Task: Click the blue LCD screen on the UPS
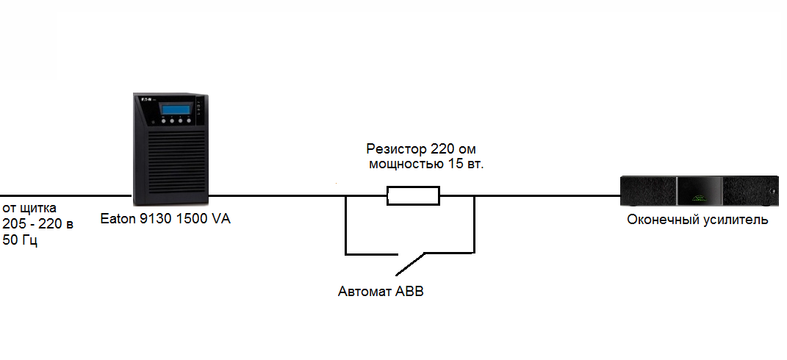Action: coord(176,109)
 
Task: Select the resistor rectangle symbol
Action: coord(413,195)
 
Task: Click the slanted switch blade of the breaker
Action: coord(411,264)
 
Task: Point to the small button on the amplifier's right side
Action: coord(771,191)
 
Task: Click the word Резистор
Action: coord(397,150)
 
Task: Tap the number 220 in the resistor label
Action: coord(441,149)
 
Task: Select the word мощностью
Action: coord(406,165)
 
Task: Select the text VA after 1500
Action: coord(220,220)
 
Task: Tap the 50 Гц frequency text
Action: coord(20,240)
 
